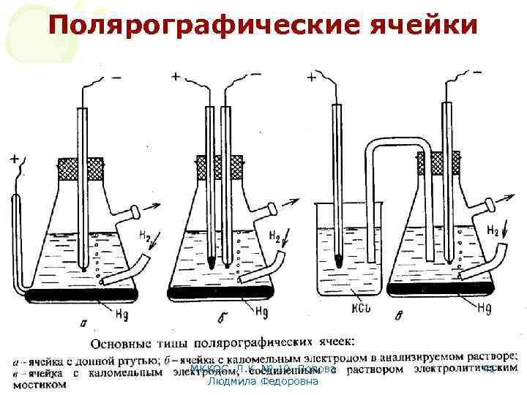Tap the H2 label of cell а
click(x=147, y=236)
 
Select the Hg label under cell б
click(x=261, y=310)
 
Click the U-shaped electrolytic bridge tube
click(x=399, y=143)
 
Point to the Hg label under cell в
click(x=484, y=309)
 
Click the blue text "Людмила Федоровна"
click(x=263, y=381)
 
